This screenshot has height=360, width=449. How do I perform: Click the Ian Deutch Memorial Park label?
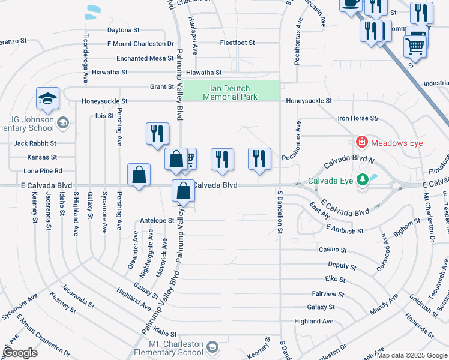[231, 92]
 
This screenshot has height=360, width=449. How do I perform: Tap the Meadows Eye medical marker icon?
[362, 142]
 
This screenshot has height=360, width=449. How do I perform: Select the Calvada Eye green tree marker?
[362, 179]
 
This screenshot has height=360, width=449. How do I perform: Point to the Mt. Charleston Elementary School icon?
[212, 347]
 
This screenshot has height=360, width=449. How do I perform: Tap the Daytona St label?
[123, 29]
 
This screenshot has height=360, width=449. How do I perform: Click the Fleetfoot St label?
[237, 43]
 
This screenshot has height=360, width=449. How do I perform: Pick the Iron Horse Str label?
[358, 119]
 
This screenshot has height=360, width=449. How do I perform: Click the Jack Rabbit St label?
[35, 143]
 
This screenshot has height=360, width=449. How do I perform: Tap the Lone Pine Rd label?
[43, 171]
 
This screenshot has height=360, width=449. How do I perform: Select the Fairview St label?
[328, 294]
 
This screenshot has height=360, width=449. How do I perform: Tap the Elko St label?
[335, 279]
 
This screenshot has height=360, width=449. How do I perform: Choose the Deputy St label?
[342, 265]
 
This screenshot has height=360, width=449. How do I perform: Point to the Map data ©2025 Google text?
[411, 355]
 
